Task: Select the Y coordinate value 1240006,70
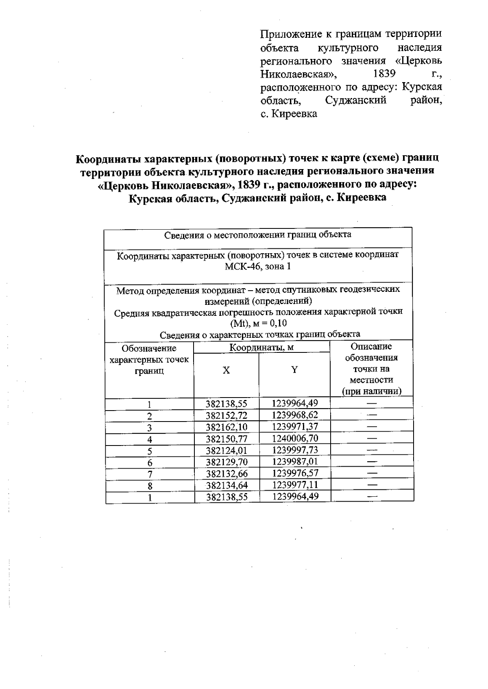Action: click(295, 438)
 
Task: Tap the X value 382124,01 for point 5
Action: click(227, 450)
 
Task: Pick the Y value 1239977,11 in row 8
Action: click(295, 485)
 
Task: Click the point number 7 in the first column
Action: click(150, 474)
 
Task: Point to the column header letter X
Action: click(227, 370)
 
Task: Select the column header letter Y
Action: click(294, 369)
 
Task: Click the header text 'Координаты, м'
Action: click(261, 348)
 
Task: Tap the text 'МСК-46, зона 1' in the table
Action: click(258, 267)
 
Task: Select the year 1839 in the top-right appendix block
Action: click(384, 74)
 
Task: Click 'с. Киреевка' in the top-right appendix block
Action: click(288, 114)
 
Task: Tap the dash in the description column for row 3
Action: click(372, 427)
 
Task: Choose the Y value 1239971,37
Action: click(295, 426)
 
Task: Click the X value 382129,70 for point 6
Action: click(227, 462)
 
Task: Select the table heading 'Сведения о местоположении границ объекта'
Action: click(258, 235)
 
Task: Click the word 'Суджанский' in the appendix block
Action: click(356, 100)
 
